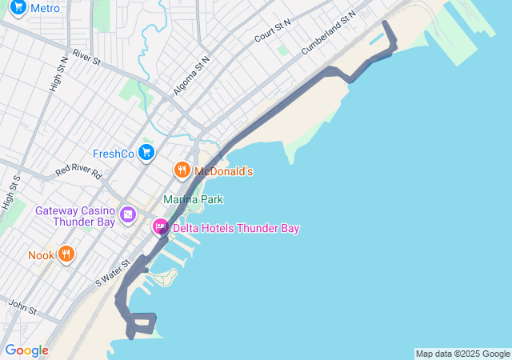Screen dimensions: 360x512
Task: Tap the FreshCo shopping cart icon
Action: (x=146, y=152)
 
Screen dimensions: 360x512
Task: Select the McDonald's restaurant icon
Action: (x=182, y=170)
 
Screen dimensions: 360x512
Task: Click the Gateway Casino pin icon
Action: (x=127, y=215)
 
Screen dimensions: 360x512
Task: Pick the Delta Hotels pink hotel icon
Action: (x=161, y=228)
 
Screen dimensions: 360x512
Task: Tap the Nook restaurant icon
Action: (x=66, y=255)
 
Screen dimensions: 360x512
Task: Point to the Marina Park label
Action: (x=193, y=199)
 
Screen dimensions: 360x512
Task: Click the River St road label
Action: (x=86, y=58)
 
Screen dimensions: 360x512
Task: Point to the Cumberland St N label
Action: (x=328, y=33)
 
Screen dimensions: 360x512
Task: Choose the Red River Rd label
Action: (x=78, y=172)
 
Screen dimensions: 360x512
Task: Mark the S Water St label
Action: (x=112, y=273)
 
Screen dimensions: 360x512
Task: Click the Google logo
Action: (x=26, y=350)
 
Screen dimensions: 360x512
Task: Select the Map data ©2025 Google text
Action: (x=462, y=354)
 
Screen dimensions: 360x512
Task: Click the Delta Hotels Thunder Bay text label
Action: (x=236, y=229)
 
